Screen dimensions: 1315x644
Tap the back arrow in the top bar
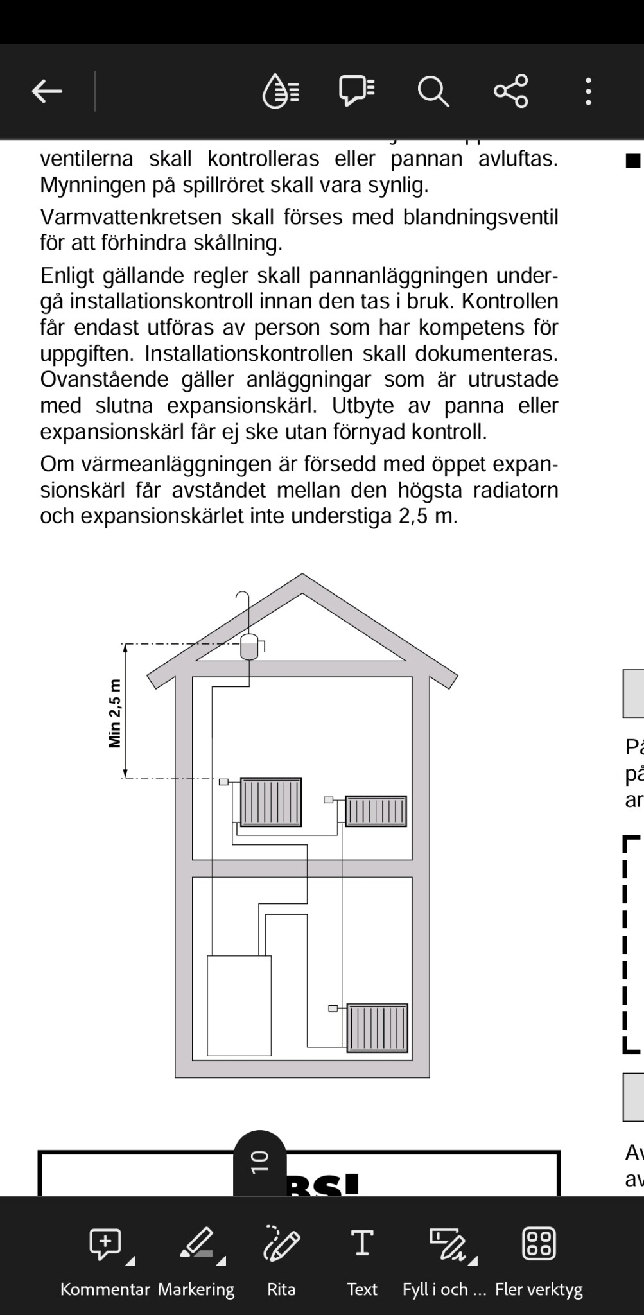pos(47,91)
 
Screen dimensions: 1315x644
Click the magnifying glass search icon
pos(433,91)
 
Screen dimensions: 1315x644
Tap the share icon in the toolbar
pos(510,91)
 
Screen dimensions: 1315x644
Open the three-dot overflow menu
pos(588,91)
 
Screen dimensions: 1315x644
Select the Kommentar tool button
pos(106,1257)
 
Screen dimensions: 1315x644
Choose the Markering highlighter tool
pos(197,1257)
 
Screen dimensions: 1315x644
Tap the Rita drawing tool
pos(281,1257)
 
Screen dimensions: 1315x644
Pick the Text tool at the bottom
pos(362,1257)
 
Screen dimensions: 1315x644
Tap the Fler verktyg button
pos(539,1257)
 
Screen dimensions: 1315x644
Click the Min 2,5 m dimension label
pos(115,713)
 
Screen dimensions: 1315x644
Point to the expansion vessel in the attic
pos(249,647)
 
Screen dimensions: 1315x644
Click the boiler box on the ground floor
pos(239,1006)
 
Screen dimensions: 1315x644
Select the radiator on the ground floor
pos(377,1028)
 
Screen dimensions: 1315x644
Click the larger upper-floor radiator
pos(271,801)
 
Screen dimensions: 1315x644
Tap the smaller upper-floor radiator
pos(376,812)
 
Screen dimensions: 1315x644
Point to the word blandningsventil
pos(481,217)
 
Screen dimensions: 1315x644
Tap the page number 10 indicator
pos(260,1162)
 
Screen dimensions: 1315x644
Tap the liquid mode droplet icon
pos(281,91)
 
